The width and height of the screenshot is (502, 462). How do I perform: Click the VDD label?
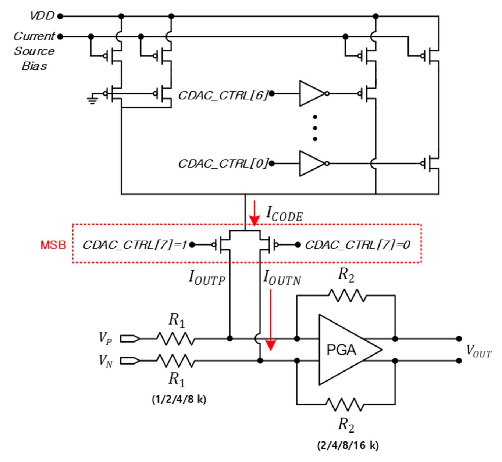pos(42,16)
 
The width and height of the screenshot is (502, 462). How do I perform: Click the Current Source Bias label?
pos(34,51)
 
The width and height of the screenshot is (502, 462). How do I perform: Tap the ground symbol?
pos(92,100)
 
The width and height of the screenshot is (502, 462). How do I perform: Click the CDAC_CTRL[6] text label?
pos(223,95)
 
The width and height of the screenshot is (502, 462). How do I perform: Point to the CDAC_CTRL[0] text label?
pos(223,164)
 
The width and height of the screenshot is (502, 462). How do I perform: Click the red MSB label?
pos(53,245)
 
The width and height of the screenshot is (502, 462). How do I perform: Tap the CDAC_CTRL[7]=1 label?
pos(135,245)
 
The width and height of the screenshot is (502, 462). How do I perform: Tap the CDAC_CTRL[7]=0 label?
pos(357,245)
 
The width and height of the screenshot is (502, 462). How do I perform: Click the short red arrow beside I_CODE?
pos(254,213)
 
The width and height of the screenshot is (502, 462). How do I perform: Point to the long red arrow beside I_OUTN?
pos(271,320)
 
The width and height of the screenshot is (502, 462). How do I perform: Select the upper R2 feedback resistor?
pos(347,296)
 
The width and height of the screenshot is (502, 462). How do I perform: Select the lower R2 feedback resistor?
pos(345,405)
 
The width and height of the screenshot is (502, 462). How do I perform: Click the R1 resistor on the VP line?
pos(175,339)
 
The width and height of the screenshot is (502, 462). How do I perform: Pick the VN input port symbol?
pos(130,361)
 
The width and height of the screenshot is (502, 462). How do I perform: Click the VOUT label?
pos(478,351)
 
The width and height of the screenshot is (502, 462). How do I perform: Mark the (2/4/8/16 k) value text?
pos(348,445)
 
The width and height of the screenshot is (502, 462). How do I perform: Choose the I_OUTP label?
pos(207,278)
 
